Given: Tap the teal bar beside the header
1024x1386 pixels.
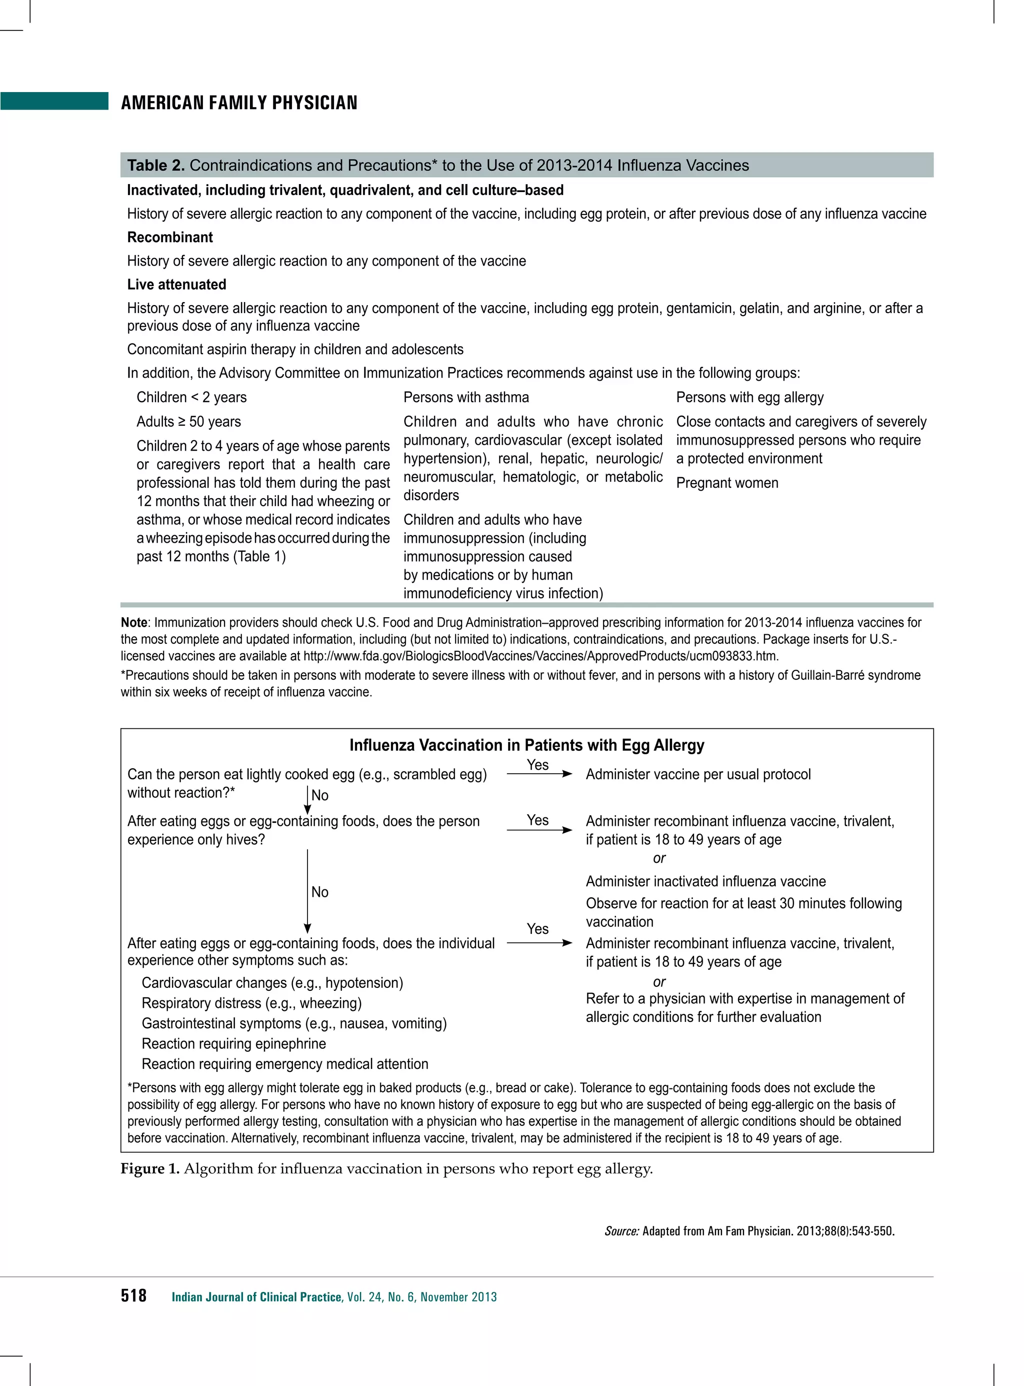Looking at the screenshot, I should click(54, 101).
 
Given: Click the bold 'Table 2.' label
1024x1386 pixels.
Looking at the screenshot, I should click(155, 166).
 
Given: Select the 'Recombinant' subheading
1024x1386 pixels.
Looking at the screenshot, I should click(170, 238).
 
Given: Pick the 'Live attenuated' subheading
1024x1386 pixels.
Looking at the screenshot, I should click(176, 285).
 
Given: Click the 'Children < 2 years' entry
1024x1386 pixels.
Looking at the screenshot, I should click(191, 398).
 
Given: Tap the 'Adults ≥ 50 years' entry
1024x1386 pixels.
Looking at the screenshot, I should click(188, 422).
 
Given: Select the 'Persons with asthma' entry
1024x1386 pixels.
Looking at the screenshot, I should click(466, 398).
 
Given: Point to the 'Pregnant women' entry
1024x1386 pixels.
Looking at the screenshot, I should click(727, 483).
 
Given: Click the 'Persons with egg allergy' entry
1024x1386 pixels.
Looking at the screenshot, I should click(750, 398).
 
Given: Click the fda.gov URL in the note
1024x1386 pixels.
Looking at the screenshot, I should click(540, 656).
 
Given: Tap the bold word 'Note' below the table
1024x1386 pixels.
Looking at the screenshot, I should click(134, 623).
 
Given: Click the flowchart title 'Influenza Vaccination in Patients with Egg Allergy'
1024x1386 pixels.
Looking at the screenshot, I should click(527, 745).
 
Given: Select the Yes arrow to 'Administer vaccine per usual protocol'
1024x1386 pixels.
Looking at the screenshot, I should click(538, 773).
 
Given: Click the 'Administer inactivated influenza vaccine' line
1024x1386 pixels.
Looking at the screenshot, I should click(705, 882).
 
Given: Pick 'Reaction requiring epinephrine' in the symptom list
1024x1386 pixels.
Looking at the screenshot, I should click(233, 1044).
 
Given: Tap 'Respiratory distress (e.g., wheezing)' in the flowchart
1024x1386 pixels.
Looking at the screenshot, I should click(251, 1003).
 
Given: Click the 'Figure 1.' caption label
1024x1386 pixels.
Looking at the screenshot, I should click(149, 1169).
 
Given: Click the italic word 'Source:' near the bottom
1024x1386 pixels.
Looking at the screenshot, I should click(621, 1231).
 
